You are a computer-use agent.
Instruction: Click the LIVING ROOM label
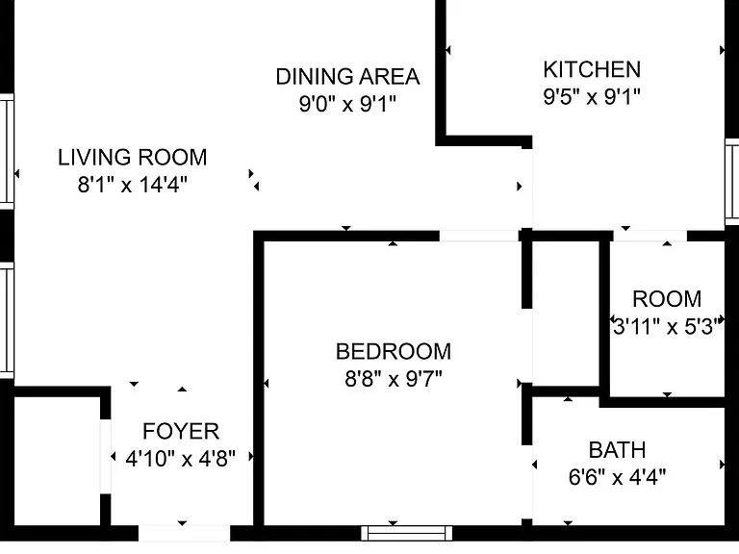click(133, 158)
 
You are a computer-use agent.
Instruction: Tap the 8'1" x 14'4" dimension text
click(133, 185)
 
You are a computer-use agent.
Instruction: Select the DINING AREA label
click(347, 77)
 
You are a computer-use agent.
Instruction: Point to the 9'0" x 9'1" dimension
click(347, 103)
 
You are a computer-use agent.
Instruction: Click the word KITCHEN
click(592, 69)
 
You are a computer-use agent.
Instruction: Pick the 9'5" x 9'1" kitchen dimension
click(592, 96)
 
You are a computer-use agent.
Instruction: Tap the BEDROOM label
click(394, 352)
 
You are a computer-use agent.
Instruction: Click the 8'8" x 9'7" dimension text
click(394, 378)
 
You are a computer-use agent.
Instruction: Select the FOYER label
click(181, 432)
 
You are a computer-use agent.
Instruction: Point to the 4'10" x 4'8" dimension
click(181, 458)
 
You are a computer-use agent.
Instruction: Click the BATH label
click(618, 450)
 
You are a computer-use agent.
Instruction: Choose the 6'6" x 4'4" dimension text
click(618, 477)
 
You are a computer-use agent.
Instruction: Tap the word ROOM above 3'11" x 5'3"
click(667, 299)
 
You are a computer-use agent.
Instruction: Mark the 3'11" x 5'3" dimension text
click(667, 326)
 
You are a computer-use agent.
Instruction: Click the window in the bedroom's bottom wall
click(407, 533)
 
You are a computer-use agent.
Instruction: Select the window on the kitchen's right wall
click(732, 182)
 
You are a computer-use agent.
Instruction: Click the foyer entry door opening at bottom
click(185, 533)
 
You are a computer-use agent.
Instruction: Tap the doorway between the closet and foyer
click(106, 457)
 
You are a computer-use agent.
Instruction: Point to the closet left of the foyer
click(57, 461)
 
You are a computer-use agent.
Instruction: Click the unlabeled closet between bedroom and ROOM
click(566, 314)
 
